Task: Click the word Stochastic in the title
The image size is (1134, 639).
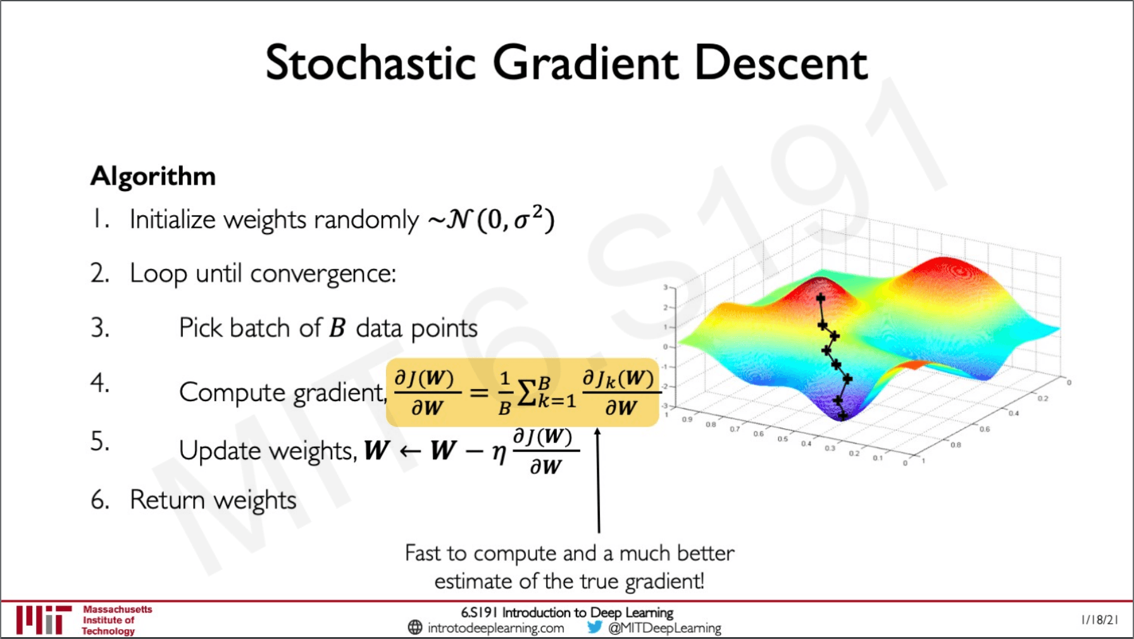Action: click(x=371, y=63)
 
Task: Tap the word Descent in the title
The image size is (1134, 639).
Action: click(x=781, y=63)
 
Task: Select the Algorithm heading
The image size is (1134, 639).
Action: click(x=153, y=177)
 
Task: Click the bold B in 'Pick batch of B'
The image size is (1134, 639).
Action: click(x=337, y=328)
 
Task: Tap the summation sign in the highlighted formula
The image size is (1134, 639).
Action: click(x=527, y=392)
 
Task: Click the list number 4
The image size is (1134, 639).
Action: click(x=99, y=383)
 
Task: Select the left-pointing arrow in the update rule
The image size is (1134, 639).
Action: click(x=410, y=451)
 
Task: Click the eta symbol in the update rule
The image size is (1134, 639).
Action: click(x=499, y=453)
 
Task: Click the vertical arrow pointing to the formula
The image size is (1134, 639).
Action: click(x=598, y=481)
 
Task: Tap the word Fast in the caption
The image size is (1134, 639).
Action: click(x=423, y=553)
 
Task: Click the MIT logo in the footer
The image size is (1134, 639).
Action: click(x=44, y=619)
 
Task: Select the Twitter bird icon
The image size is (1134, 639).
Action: click(x=594, y=627)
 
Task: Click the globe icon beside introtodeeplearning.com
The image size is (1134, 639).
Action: click(x=415, y=627)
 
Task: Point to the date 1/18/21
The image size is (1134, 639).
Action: click(x=1100, y=620)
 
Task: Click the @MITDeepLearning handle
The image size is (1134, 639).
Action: click(x=664, y=628)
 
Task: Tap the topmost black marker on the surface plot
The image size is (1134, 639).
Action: click(x=820, y=297)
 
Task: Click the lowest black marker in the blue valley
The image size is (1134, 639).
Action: click(x=842, y=416)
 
